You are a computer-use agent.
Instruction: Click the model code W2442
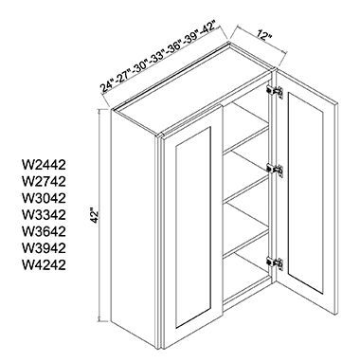click(44, 165)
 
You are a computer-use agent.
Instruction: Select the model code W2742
click(44, 181)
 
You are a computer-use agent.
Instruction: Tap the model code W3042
click(44, 198)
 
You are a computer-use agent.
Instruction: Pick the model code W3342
click(44, 215)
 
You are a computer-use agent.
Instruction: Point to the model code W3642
click(44, 231)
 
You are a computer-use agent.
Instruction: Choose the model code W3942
click(44, 248)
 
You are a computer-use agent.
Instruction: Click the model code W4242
click(44, 265)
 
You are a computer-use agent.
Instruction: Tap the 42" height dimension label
click(95, 216)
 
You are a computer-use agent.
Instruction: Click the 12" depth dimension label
click(264, 36)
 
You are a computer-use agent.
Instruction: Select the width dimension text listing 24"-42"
click(158, 57)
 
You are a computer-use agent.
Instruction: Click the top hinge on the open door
click(275, 91)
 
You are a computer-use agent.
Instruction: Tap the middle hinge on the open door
click(275, 169)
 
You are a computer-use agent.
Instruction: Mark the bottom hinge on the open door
click(275, 262)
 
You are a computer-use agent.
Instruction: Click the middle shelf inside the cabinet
click(245, 186)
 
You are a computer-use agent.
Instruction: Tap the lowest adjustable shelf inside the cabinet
click(245, 239)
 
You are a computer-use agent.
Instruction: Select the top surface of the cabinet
click(192, 89)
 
